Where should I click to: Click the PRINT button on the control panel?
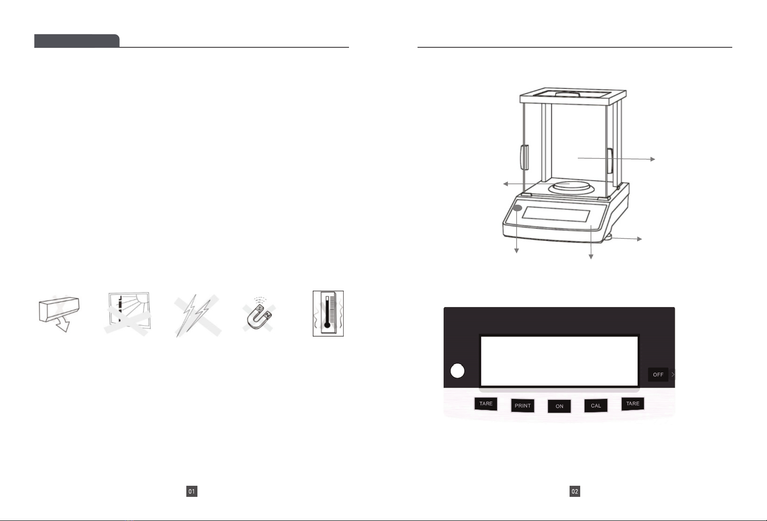point(522,406)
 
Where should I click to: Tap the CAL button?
point(596,406)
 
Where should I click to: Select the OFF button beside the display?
point(658,375)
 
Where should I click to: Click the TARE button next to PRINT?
point(486,404)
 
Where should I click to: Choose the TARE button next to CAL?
point(632,404)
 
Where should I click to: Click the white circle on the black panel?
point(457,371)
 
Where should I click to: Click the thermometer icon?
point(328,313)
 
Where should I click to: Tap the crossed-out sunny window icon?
point(128,313)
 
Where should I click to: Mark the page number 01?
point(192,492)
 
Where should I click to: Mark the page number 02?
point(574,492)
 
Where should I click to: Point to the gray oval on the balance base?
point(517,208)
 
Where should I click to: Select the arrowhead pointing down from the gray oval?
point(517,251)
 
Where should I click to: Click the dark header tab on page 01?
point(77,41)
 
